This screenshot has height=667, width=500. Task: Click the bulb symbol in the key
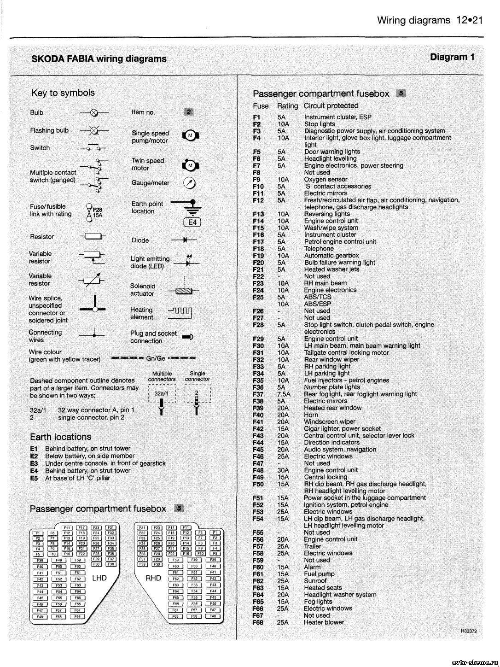pos(94,112)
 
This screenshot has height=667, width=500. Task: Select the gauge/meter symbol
pos(189,183)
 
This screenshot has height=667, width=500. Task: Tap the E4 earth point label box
pos(192,222)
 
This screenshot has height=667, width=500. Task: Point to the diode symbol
pos(185,240)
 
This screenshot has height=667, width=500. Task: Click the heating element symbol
pos(180,314)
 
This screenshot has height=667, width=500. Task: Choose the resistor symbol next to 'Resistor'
pos(93,237)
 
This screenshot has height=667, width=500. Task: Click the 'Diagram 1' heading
pos(452,57)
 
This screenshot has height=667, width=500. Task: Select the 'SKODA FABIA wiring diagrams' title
pos(99,59)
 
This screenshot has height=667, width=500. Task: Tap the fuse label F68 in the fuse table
pos(258,622)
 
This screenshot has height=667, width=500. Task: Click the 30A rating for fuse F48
pos(283,470)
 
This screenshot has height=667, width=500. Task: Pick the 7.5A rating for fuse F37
pos(284,394)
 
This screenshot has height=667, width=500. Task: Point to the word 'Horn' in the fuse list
pos(311,415)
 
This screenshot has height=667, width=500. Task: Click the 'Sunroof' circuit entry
pos(315,581)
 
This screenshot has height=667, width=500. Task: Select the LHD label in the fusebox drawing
pos(99,578)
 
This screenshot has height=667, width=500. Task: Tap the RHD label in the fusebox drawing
pos(153,578)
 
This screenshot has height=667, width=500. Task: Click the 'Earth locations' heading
pos(60,437)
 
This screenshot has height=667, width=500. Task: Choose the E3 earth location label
pos(34,463)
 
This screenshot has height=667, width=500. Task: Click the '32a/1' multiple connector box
pos(161,394)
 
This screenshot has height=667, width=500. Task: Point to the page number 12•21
pos(470,20)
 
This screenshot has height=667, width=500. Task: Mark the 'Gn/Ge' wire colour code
pos(156,358)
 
